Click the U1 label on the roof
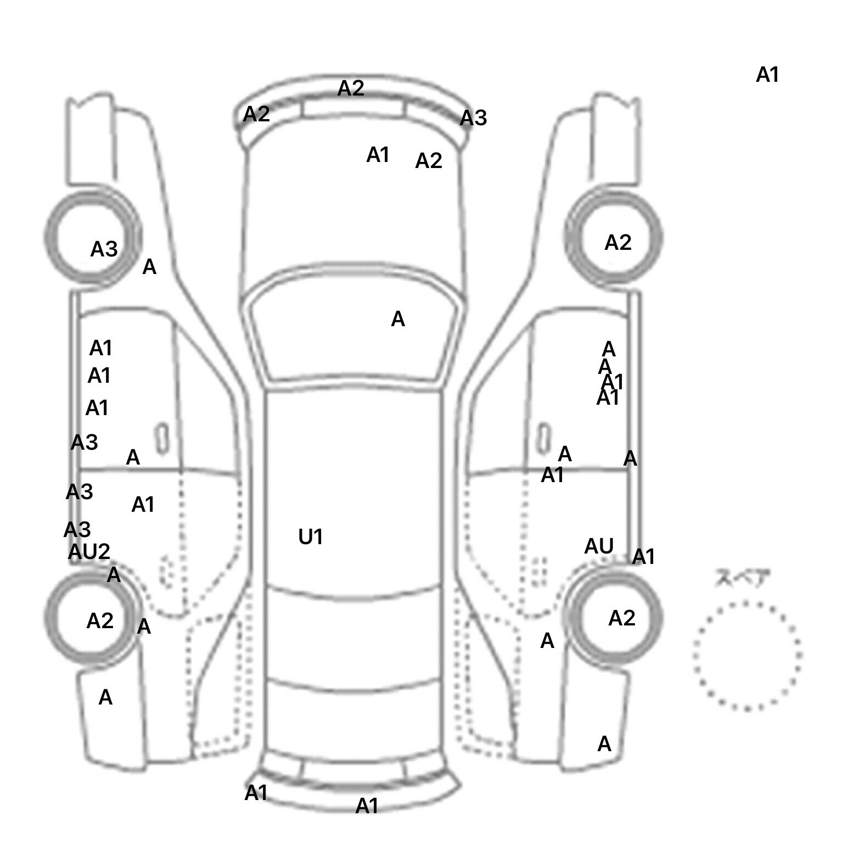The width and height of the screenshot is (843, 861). tap(311, 537)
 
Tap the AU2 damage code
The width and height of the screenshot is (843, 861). tap(89, 551)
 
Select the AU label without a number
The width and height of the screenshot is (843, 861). tap(599, 546)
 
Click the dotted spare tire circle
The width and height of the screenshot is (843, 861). tap(747, 656)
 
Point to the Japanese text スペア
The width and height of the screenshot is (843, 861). tap(742, 578)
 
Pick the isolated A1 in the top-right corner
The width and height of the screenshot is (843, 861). tap(767, 75)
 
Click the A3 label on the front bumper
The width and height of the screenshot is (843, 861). tap(473, 118)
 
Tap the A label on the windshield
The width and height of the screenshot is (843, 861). tap(398, 319)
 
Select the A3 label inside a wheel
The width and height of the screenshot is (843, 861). tap(104, 249)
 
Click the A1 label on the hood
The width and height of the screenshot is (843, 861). tap(378, 155)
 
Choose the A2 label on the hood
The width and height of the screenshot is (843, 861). tap(429, 161)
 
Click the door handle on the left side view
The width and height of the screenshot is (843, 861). tap(162, 438)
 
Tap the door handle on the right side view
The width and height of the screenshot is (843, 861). tap(543, 438)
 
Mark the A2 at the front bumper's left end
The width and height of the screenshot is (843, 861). tap(256, 114)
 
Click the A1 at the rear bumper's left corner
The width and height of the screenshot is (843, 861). tap(256, 793)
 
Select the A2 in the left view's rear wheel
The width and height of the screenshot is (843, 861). tap(100, 621)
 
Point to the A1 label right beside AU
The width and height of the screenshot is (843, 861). tap(644, 557)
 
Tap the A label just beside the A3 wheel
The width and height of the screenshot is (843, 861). tap(149, 267)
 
